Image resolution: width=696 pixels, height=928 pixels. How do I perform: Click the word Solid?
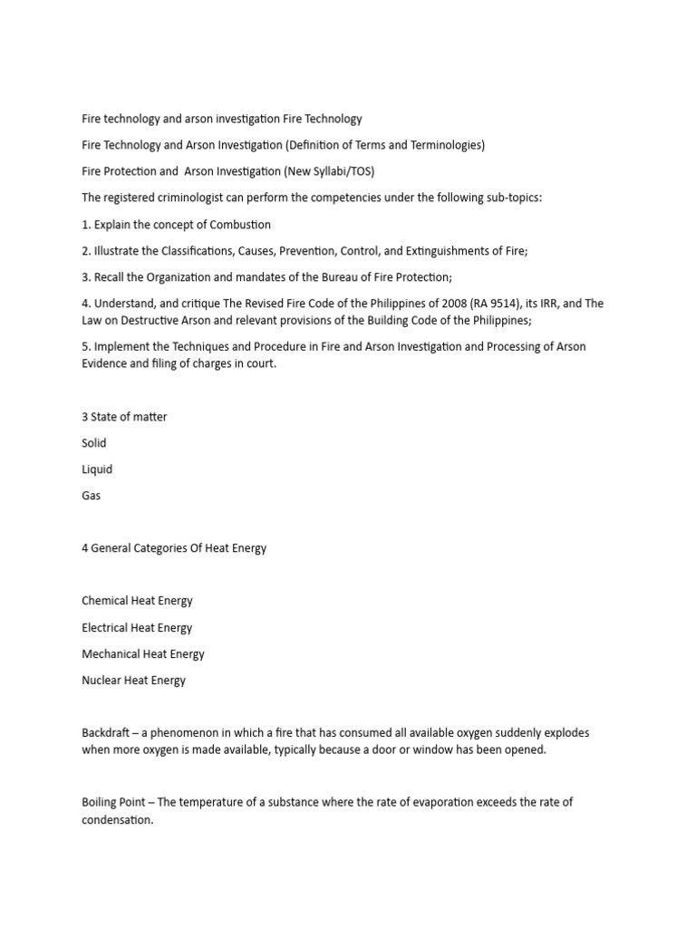94,443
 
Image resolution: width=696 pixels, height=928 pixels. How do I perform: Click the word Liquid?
97,469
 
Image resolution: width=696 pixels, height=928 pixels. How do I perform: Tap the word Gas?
92,496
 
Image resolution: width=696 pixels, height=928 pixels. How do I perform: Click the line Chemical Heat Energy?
137,600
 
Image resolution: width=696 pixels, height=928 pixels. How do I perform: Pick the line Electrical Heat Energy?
137,627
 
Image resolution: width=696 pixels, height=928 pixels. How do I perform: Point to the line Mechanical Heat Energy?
143,653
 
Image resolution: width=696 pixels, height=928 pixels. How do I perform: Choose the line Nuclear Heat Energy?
133,680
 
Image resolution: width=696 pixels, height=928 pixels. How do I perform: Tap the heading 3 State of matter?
124,417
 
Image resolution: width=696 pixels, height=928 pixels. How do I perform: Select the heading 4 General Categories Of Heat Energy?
174,548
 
